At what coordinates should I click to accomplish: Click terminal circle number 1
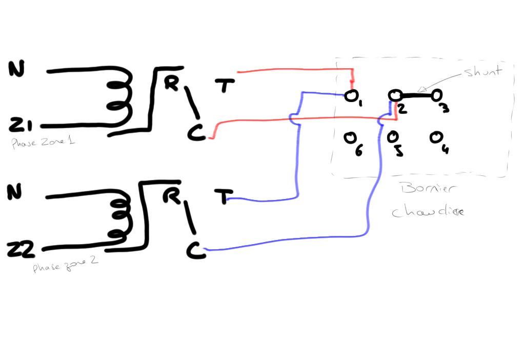tap(351, 96)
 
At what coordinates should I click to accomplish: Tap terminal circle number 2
tap(394, 95)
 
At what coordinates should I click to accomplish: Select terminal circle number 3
tap(436, 95)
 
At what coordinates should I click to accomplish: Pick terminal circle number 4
tap(436, 137)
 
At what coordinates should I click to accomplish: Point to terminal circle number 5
tap(393, 137)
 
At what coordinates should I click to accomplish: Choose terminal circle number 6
tap(350, 137)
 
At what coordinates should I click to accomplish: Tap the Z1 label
tap(21, 124)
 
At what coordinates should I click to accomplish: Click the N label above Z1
tap(16, 69)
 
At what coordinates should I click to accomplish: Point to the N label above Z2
tap(15, 192)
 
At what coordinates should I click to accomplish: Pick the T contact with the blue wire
tap(223, 196)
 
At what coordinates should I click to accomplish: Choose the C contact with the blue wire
tap(195, 251)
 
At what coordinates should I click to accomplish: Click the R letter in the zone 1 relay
tap(171, 83)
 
